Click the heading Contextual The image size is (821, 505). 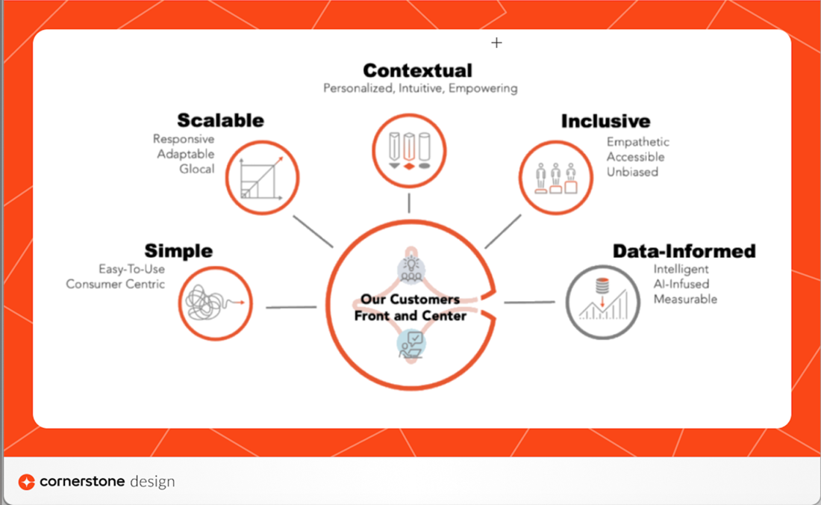[417, 71]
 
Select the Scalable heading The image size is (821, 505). [220, 120]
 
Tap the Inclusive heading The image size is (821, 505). [605, 121]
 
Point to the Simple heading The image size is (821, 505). [178, 251]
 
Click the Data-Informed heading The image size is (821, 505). [684, 251]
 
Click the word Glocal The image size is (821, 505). [196, 169]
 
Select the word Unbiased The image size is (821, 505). [632, 172]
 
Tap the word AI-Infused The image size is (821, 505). [681, 284]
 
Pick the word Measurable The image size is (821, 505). [685, 299]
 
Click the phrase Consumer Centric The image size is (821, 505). [115, 284]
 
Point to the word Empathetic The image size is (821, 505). [637, 142]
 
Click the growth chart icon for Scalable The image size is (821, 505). [261, 178]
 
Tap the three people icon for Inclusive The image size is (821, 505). [556, 177]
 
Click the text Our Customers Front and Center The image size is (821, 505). [410, 307]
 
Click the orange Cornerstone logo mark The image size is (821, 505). [27, 482]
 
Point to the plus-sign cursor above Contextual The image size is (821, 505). [496, 43]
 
